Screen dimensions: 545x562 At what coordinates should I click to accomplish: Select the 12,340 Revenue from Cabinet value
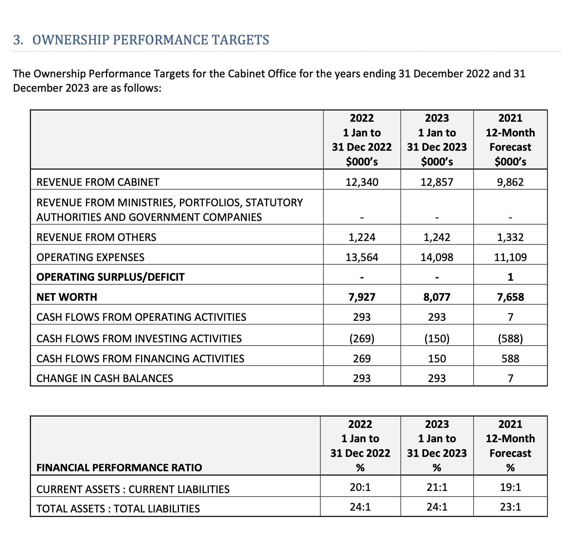[362, 182]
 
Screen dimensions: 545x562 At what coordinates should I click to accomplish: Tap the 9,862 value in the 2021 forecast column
[510, 182]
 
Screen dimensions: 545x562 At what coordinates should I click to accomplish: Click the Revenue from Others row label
[96, 237]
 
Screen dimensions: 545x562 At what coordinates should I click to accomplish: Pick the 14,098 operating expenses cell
[437, 257]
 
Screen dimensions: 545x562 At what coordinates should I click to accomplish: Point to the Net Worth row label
[67, 297]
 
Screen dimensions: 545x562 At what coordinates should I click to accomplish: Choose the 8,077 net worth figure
[437, 297]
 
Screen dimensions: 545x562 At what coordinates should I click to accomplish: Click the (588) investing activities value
[510, 339]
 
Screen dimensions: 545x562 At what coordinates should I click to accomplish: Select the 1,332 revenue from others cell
[510, 237]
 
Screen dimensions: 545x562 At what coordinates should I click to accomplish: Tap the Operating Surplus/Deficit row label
[111, 277]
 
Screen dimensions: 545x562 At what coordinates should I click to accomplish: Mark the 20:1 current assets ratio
[360, 487]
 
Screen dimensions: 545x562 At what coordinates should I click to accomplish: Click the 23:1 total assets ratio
[510, 507]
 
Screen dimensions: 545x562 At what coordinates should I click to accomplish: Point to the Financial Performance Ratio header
[119, 468]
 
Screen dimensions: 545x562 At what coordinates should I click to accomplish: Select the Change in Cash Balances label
[105, 378]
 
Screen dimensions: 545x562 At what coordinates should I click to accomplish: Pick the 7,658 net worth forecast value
[510, 297]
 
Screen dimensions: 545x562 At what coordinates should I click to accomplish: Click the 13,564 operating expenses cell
[362, 257]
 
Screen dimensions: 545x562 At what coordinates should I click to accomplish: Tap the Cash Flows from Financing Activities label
[140, 359]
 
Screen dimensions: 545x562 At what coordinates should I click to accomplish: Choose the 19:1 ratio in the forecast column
[510, 487]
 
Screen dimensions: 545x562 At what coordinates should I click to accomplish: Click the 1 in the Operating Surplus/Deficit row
[510, 277]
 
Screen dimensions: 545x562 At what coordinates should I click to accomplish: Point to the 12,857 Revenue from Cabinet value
[437, 182]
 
